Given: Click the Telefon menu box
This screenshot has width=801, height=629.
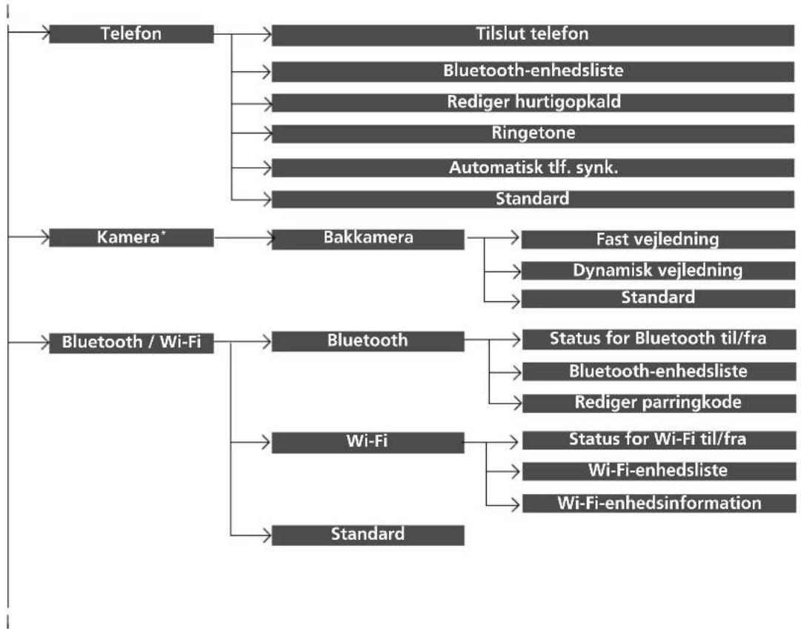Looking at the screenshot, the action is pos(131,34).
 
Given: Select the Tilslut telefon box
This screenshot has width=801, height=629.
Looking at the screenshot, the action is pos(533,36).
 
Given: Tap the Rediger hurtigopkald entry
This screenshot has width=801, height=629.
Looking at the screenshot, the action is pos(533,102).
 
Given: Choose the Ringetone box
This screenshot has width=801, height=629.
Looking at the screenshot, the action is pos(533,134).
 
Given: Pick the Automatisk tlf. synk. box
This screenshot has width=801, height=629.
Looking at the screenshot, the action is pos(533,168).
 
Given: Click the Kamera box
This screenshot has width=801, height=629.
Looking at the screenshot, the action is pos(131,238).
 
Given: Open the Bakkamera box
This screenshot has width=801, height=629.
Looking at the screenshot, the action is pos(368,240).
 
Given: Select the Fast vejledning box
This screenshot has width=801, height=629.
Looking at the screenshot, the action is pos(658,240).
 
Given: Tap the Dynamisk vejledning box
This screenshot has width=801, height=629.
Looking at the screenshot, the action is pos(658,271).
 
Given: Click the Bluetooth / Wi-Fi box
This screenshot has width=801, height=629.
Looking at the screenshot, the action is pos(131,343).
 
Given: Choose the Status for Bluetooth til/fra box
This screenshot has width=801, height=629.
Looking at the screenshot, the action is pos(659,339).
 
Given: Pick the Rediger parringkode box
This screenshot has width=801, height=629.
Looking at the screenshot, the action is pos(659,403).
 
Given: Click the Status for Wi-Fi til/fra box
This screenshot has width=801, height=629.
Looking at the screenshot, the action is pos(659,440).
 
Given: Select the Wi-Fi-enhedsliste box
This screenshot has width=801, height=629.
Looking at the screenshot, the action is pos(659,471).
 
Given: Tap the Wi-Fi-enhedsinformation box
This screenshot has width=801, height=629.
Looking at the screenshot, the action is pos(659,503).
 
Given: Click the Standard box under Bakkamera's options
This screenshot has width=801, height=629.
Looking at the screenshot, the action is pos(658,298).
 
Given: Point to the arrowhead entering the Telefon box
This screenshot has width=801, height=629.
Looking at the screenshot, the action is pos(45,33).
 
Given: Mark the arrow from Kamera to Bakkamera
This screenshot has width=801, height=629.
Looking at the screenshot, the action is pos(244,238).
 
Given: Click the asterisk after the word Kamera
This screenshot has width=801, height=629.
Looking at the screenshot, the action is pos(163,233).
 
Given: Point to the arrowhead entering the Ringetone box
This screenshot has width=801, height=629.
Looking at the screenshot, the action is pos(267,134).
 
